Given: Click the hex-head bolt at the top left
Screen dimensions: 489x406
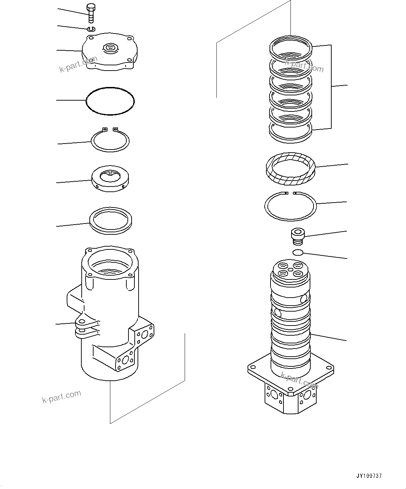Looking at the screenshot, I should pyautogui.click(x=91, y=14).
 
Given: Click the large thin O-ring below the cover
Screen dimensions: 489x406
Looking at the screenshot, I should pyautogui.click(x=110, y=101).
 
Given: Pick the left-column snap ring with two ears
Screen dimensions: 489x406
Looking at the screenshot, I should pyautogui.click(x=110, y=140).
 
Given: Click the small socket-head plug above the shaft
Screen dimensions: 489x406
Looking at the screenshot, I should pyautogui.click(x=297, y=235).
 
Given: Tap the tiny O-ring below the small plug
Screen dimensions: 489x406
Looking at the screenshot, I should pyautogui.click(x=297, y=253).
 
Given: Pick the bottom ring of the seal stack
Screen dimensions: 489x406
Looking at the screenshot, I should pyautogui.click(x=290, y=133).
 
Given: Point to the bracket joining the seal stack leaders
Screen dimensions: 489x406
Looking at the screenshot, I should pyautogui.click(x=331, y=86).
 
